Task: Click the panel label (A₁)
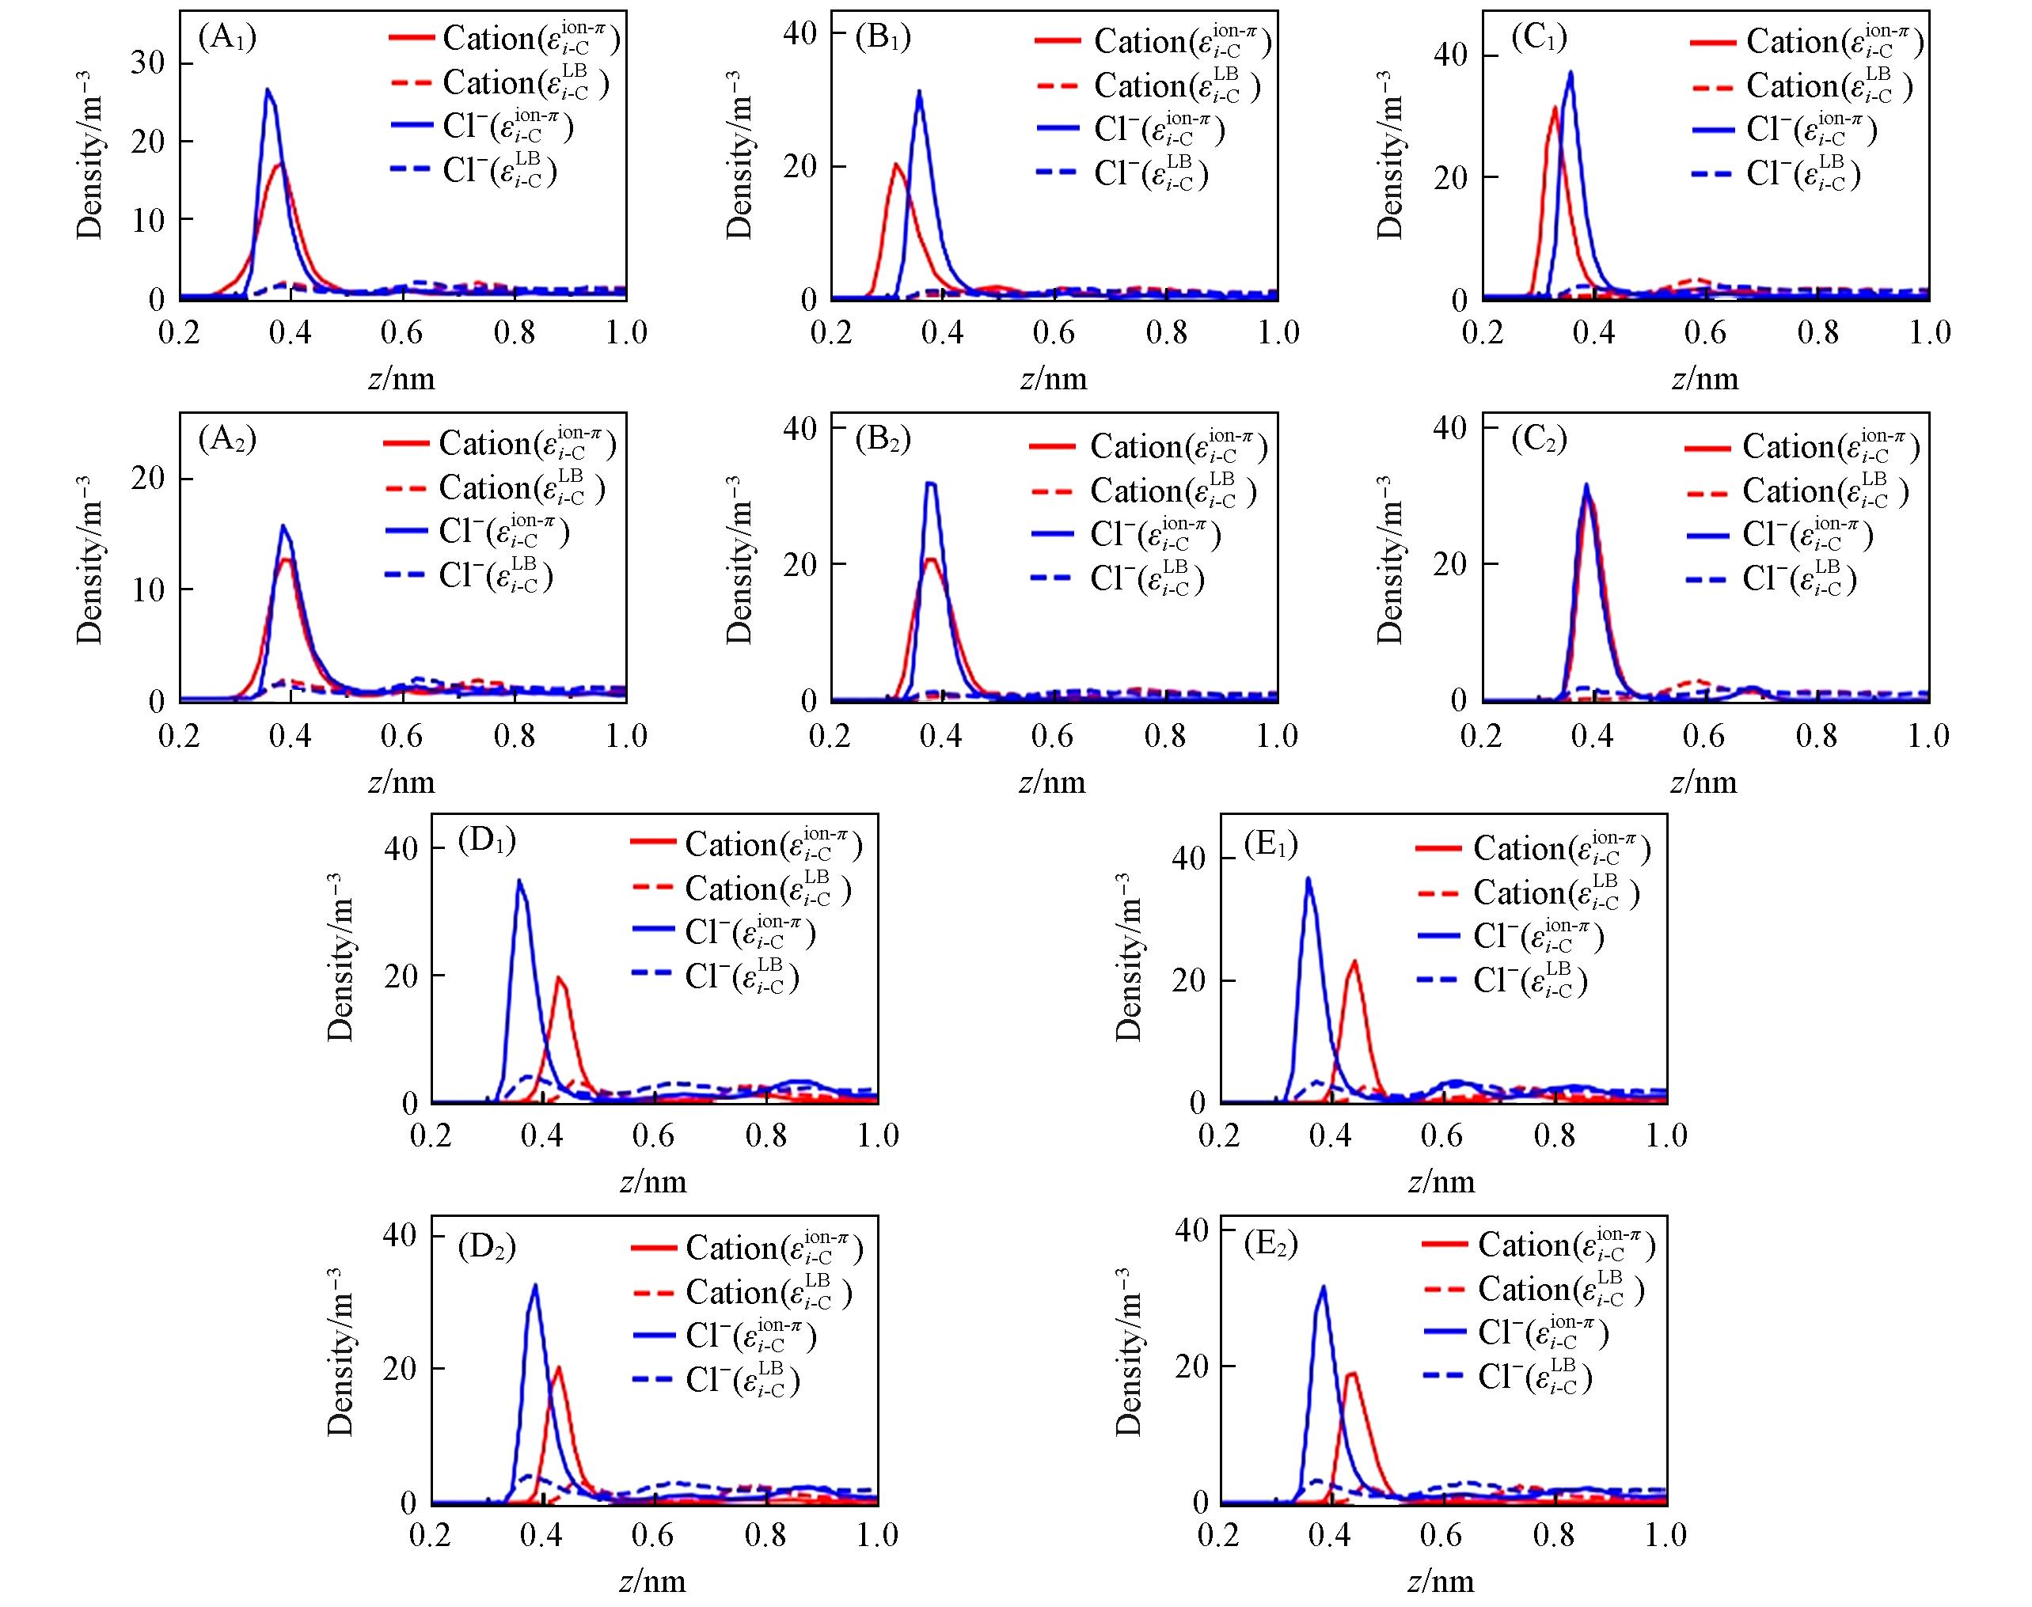pos(227,39)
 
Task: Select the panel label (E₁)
pos(1270,844)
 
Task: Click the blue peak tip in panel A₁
pos(268,90)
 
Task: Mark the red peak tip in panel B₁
pos(895,165)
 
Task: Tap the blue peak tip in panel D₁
pos(518,881)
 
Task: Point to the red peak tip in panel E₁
pos(1354,961)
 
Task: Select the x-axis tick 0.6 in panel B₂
pos(1052,736)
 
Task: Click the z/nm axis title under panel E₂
pos(1441,1581)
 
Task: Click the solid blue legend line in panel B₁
pos(1059,130)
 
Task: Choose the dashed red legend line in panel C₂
pos(1707,492)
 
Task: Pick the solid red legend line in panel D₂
pos(653,1248)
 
